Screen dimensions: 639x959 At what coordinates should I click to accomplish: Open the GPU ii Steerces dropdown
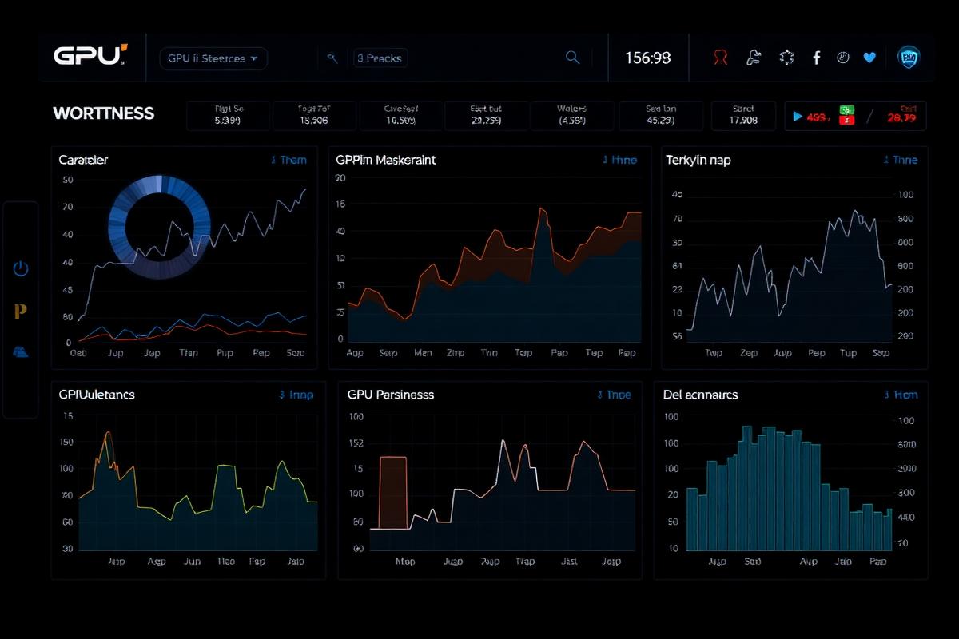[213, 58]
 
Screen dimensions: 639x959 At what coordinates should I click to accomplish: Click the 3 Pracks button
[380, 58]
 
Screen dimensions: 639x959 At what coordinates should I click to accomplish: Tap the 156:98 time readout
[647, 58]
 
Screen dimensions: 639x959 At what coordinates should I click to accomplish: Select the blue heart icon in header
[869, 58]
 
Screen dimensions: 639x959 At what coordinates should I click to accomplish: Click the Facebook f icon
[816, 58]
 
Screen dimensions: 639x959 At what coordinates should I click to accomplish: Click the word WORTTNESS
[103, 113]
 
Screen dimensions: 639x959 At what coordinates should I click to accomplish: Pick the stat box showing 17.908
[743, 116]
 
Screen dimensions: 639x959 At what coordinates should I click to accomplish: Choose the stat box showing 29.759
[485, 116]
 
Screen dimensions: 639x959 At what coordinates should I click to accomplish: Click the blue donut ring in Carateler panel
[159, 227]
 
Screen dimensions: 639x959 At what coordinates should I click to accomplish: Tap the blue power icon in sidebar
[21, 268]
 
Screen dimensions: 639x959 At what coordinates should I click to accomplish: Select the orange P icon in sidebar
[21, 311]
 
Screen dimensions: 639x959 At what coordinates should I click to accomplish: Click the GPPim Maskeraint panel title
[386, 160]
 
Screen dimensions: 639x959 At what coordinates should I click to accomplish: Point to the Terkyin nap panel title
[698, 160]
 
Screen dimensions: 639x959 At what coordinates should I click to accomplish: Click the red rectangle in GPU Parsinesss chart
[392, 491]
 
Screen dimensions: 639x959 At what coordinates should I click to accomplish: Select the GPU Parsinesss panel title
[391, 395]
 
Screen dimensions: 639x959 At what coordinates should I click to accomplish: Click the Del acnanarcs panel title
[701, 395]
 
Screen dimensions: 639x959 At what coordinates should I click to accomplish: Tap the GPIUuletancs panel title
[97, 395]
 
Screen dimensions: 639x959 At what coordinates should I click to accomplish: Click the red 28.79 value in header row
[901, 117]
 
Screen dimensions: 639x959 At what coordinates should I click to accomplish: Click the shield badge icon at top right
[909, 57]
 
